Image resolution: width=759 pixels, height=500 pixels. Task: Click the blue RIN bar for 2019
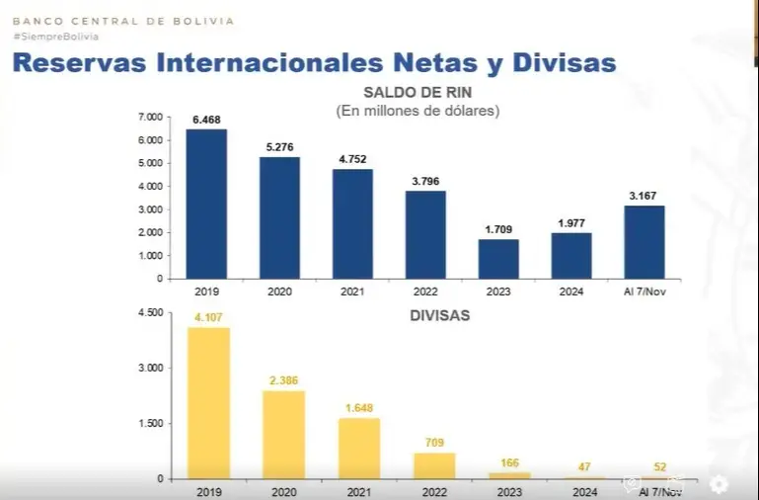point(206,204)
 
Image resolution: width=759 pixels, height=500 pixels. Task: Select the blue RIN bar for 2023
point(498,258)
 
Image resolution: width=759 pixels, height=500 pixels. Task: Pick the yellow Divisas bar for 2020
point(283,434)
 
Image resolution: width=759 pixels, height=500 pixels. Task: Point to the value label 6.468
point(206,120)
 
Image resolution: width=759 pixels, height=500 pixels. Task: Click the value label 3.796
point(425,181)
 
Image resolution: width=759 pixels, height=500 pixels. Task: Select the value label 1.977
point(571,223)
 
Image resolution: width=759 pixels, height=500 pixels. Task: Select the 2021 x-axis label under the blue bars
point(352,292)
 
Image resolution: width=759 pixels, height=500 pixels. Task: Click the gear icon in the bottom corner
point(719,484)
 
